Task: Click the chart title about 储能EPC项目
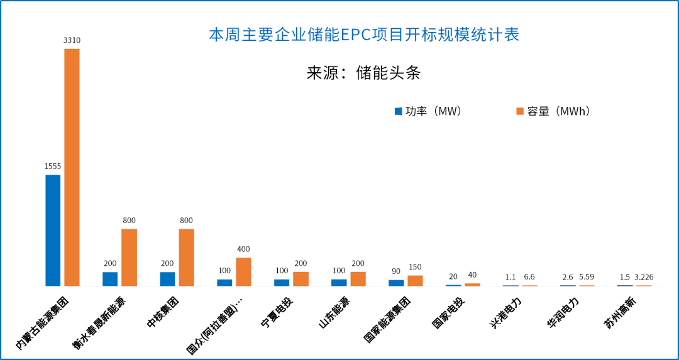364,35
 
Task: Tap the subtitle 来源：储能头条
363,73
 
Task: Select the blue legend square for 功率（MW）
398,111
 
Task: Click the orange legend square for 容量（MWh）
520,111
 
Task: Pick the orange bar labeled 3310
72,167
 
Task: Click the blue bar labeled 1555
53,230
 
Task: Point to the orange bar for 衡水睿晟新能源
129,257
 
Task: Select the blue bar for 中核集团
167,278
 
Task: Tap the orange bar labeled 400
243,271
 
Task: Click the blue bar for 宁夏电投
282,282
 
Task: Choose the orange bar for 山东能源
358,278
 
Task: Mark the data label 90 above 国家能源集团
396,271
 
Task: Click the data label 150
415,267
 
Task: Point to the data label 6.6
529,277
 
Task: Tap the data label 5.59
587,277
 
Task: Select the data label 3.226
644,277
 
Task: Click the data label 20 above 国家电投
453,276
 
